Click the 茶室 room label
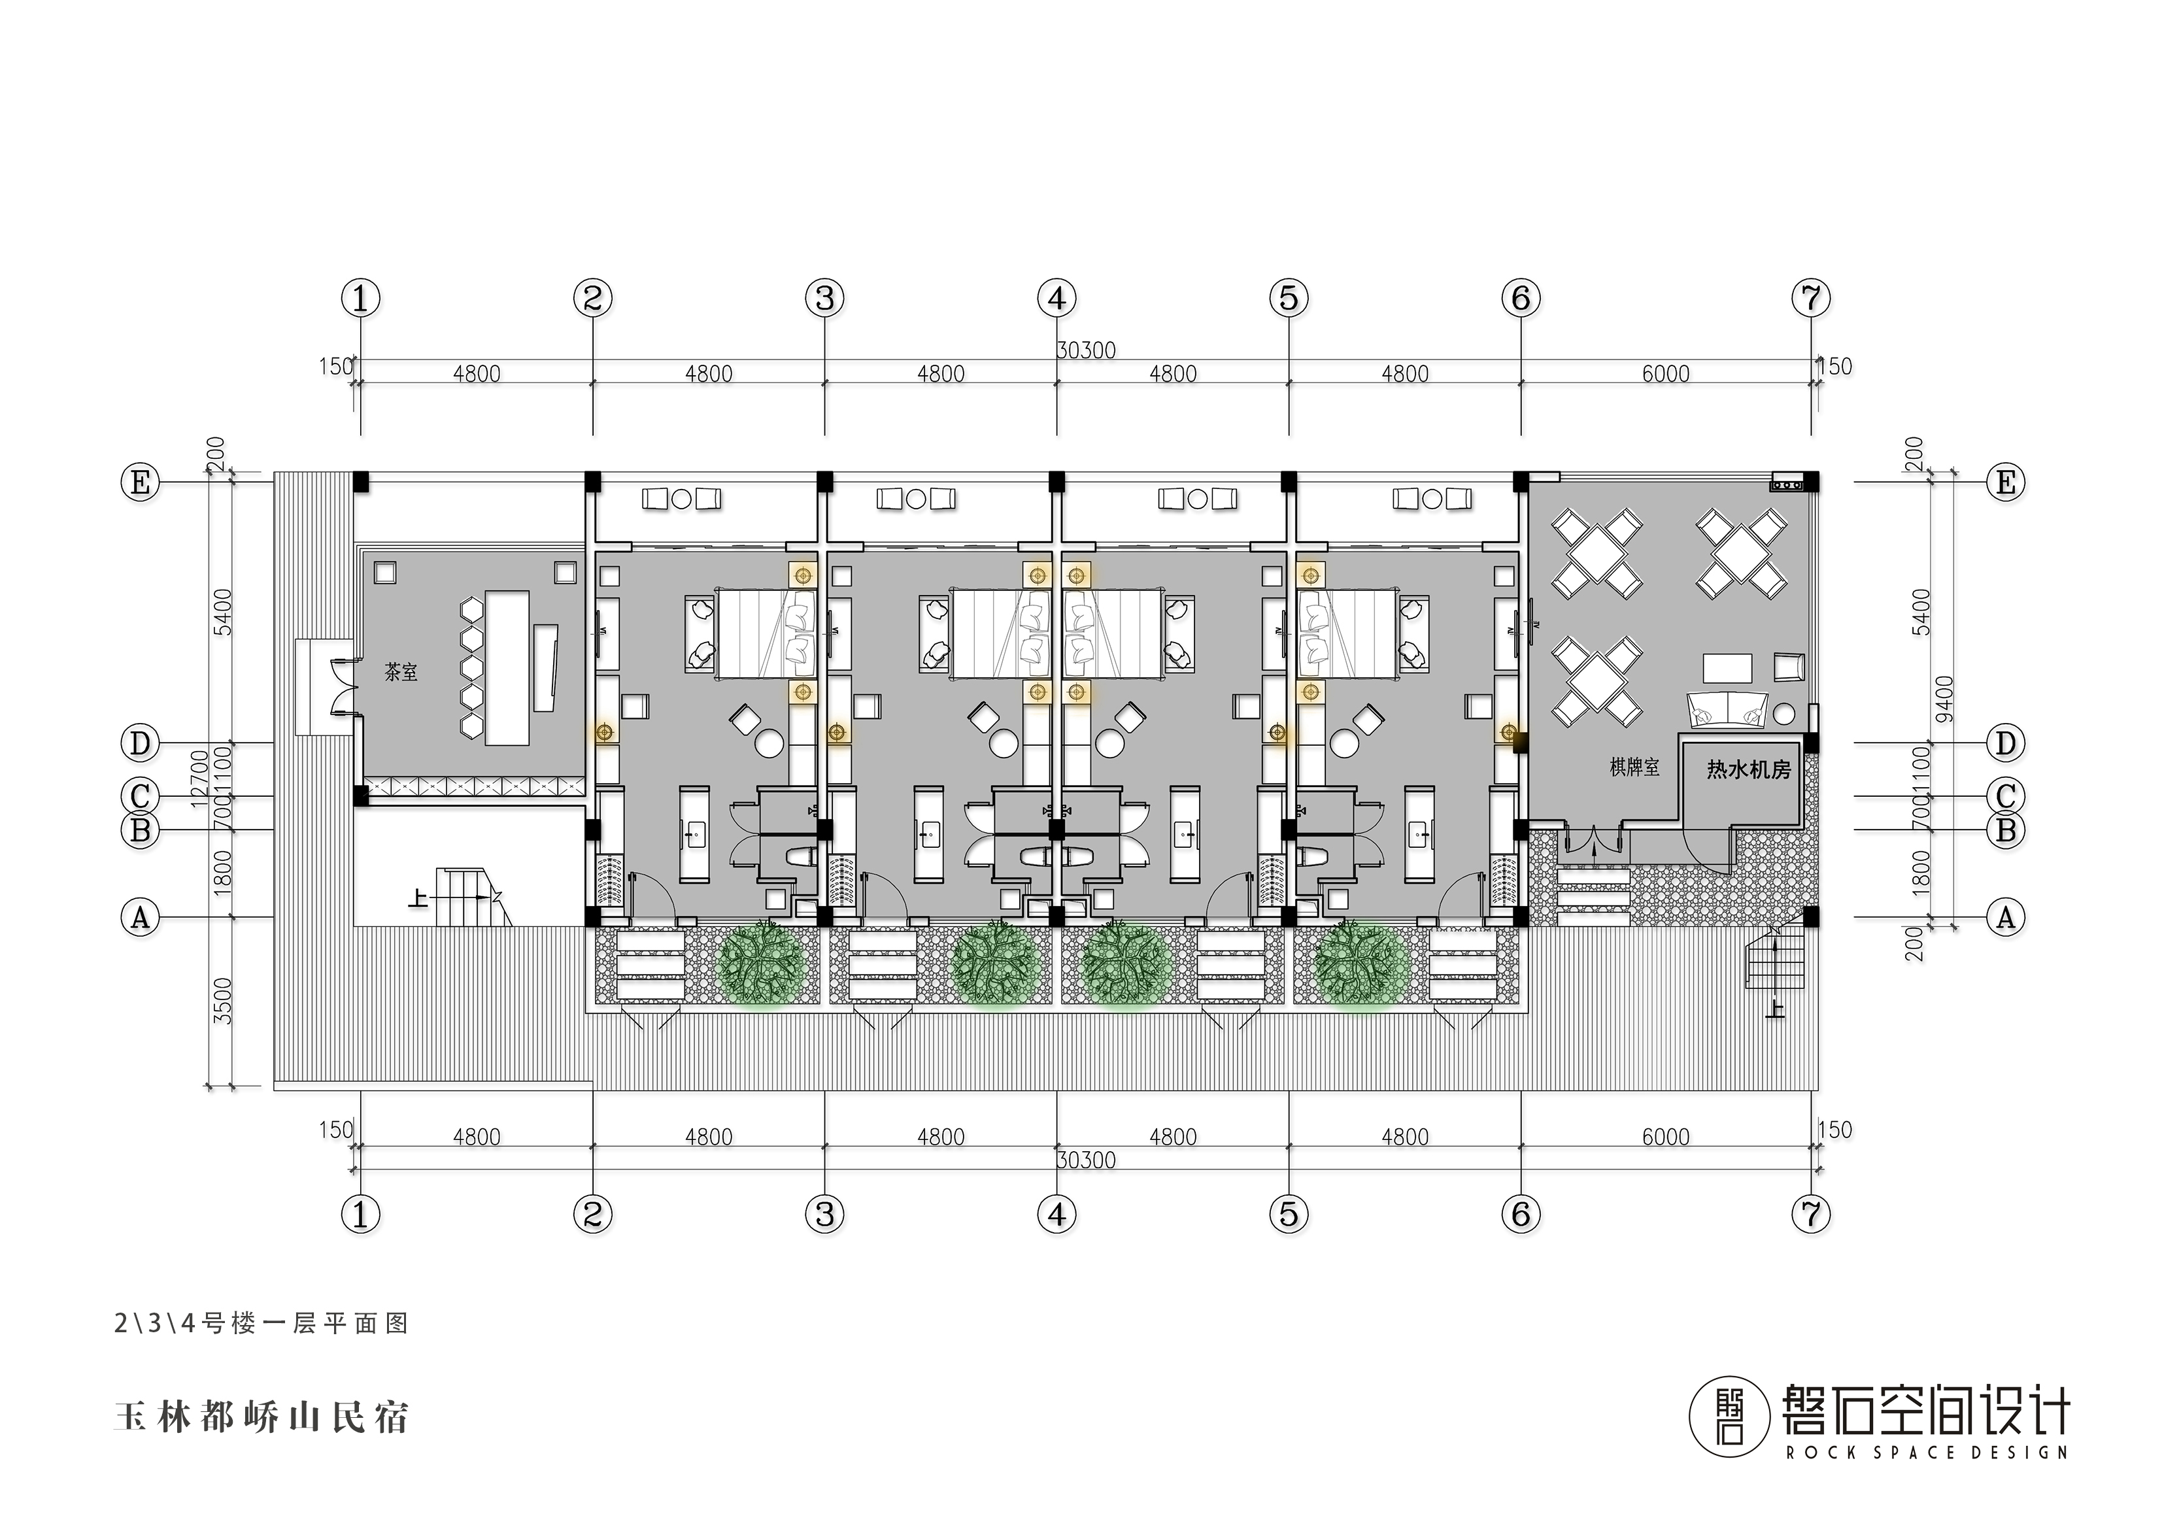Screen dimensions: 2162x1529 (401, 672)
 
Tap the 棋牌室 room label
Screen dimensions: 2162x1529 (1634, 767)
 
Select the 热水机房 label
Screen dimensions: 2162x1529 (1749, 769)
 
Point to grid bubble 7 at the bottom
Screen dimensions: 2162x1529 (1811, 1215)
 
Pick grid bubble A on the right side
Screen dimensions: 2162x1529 (2006, 916)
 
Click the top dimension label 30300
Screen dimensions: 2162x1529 (1086, 350)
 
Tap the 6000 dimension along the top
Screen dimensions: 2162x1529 (1666, 374)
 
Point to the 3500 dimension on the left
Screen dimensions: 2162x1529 (223, 1001)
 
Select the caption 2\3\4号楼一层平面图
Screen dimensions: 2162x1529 (262, 1324)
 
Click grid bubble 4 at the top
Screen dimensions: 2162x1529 (1056, 299)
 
